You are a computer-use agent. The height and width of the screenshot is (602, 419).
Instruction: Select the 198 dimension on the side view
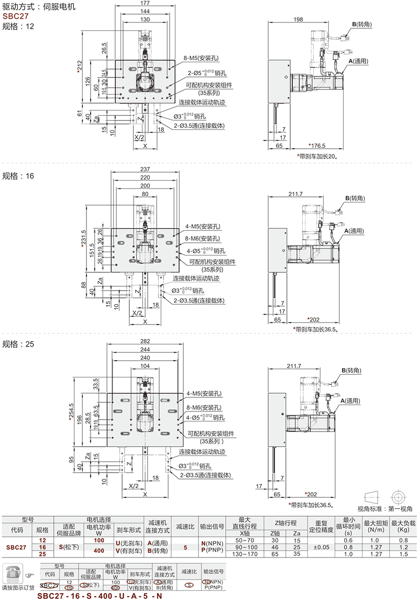(x=299, y=20)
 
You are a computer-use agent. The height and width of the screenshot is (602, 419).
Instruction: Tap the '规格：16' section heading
(x=18, y=176)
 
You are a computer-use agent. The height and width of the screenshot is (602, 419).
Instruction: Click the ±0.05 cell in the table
(x=321, y=548)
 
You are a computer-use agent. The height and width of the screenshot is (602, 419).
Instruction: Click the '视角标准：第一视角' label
(x=385, y=508)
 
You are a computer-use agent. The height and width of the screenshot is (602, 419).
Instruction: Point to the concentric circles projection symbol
(x=398, y=496)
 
